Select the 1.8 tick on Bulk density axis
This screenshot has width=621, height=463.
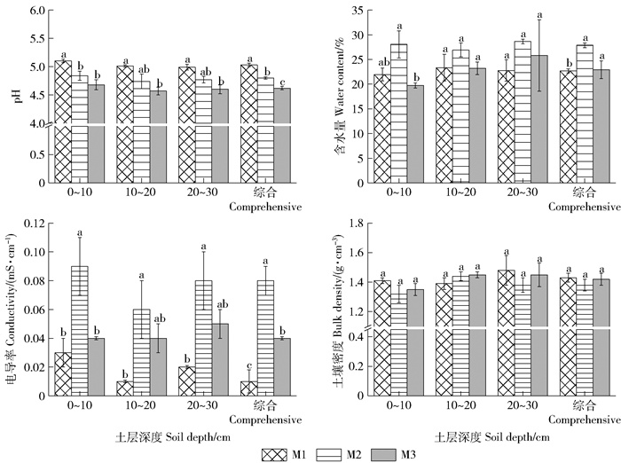[355, 222]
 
